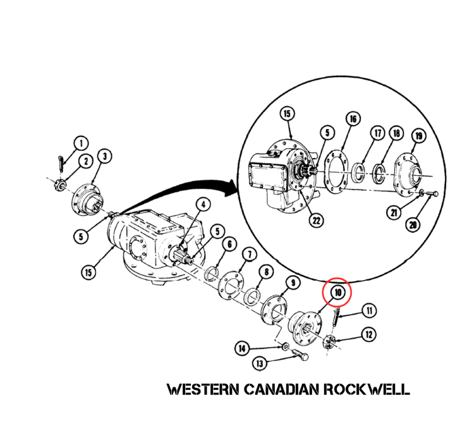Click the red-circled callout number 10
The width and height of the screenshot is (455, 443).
point(337,292)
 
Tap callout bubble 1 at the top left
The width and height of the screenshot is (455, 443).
point(82,143)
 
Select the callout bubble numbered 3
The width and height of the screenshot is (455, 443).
point(104,156)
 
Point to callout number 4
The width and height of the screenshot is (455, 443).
point(203,205)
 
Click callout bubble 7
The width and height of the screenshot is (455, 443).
point(250,255)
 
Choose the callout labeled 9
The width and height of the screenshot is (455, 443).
point(293,282)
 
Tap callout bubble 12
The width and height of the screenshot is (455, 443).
point(369,334)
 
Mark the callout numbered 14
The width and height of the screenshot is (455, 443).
point(242,348)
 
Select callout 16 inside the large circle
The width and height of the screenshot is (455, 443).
point(353,119)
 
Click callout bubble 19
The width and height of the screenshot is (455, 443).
point(419,136)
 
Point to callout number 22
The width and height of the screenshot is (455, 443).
point(316,221)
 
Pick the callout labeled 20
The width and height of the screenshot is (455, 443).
point(413,224)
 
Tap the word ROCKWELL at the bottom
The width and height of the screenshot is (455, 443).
point(367,389)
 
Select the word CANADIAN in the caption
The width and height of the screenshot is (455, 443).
point(281,389)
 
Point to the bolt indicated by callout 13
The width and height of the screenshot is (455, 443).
point(298,355)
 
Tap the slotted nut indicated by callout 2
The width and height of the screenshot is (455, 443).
point(60,186)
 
